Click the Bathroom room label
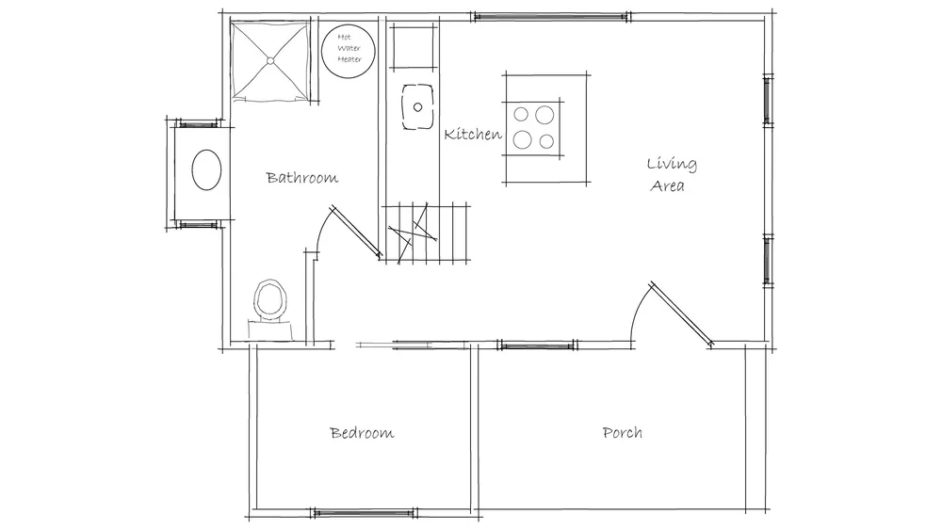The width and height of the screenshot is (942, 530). click(302, 178)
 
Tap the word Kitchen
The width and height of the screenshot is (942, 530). click(473, 134)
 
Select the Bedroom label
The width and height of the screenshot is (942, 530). click(363, 433)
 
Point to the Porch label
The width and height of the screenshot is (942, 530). click(623, 432)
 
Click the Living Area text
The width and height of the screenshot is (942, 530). click(671, 174)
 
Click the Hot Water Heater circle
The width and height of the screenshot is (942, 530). click(349, 51)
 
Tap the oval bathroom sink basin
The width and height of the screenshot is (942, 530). click(206, 169)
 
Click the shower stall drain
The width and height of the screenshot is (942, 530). click(270, 60)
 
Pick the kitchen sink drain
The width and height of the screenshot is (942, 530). click(417, 107)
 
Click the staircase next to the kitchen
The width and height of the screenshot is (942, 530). click(426, 233)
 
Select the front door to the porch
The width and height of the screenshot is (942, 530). click(682, 314)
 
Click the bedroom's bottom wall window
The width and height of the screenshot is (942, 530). click(364, 513)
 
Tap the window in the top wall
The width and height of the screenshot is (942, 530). click(551, 17)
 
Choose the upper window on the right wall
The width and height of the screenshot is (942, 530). click(767, 100)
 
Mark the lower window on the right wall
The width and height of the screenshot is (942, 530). click(767, 261)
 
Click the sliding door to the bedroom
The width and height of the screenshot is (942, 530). click(412, 345)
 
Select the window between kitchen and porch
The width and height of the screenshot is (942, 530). click(538, 345)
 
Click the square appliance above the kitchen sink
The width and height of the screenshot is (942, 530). click(413, 47)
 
